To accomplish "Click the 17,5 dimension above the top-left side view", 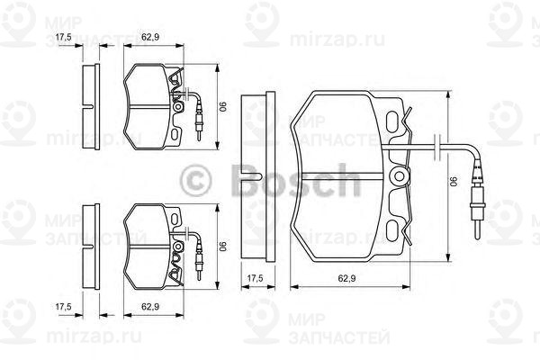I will [x=62, y=37].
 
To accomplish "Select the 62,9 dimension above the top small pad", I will [x=150, y=37].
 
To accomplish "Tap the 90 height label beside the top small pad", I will [x=222, y=104].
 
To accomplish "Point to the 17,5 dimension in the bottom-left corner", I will [x=62, y=307].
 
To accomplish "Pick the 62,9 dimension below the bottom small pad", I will [x=150, y=307].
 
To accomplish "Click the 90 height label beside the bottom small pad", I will [x=222, y=244].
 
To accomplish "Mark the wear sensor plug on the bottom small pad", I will [x=199, y=262].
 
